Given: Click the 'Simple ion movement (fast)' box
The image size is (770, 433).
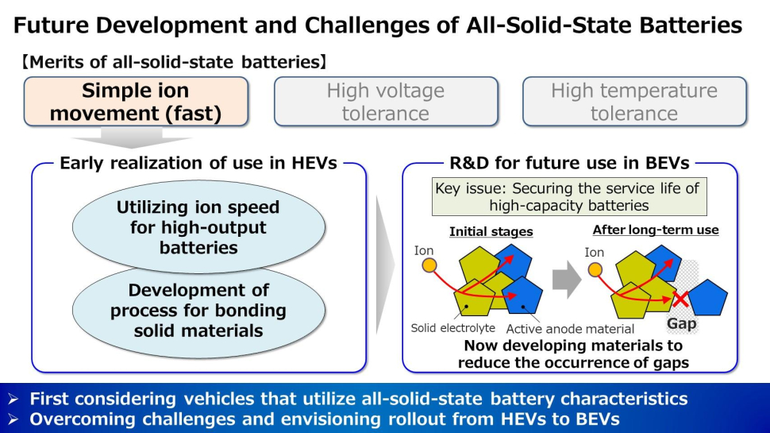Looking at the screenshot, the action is [x=136, y=101].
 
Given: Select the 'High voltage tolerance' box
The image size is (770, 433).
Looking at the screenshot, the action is [x=386, y=101].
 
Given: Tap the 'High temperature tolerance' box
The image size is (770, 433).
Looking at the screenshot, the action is [x=634, y=101].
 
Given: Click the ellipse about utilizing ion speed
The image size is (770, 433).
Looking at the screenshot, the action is [x=198, y=227].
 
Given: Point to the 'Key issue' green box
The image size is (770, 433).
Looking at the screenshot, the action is [x=569, y=196].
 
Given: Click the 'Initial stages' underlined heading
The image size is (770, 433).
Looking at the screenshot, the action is [x=491, y=231].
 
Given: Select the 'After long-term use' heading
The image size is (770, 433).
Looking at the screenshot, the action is [x=656, y=230].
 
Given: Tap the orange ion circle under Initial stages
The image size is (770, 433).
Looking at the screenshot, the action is [x=429, y=265].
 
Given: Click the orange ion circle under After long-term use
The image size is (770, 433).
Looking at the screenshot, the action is [x=595, y=269].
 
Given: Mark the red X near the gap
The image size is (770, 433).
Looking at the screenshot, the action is [x=680, y=299].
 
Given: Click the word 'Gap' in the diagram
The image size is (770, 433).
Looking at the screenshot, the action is [x=682, y=323].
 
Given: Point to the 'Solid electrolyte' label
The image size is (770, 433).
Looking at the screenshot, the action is [x=452, y=328].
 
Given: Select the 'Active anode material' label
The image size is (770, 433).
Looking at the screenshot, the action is [x=570, y=329].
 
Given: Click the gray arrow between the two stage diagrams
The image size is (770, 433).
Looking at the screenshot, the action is [x=567, y=280].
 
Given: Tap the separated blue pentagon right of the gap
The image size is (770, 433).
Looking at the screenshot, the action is [x=707, y=298].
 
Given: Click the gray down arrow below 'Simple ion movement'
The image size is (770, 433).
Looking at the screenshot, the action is [x=132, y=137].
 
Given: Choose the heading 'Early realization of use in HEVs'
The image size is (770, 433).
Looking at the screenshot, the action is [x=198, y=163].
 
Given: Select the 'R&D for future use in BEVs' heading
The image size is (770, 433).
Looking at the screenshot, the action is [x=570, y=163].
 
